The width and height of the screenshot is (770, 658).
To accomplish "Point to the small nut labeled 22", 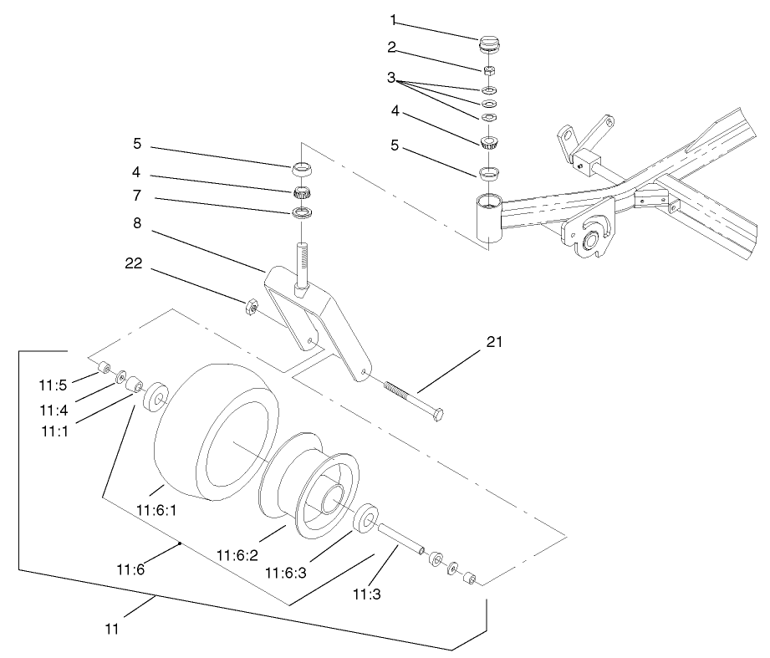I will (248, 308).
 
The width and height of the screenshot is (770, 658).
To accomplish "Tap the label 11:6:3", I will (284, 573).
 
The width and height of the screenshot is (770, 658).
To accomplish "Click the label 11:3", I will (365, 595).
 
